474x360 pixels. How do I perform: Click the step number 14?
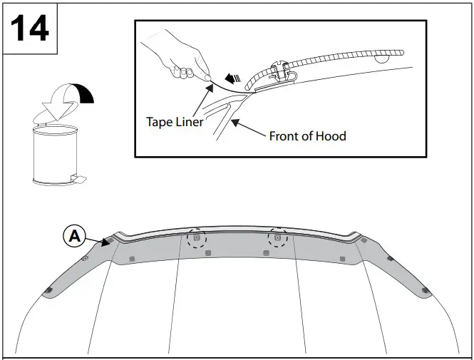coord(29,28)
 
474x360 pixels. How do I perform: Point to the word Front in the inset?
coord(285,135)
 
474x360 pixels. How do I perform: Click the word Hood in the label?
coord(331,135)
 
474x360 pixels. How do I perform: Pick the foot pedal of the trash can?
coord(78,178)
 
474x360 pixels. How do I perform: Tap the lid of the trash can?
coord(55,128)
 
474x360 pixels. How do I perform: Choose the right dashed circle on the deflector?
coord(279,238)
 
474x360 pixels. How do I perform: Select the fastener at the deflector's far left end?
coord(49,289)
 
